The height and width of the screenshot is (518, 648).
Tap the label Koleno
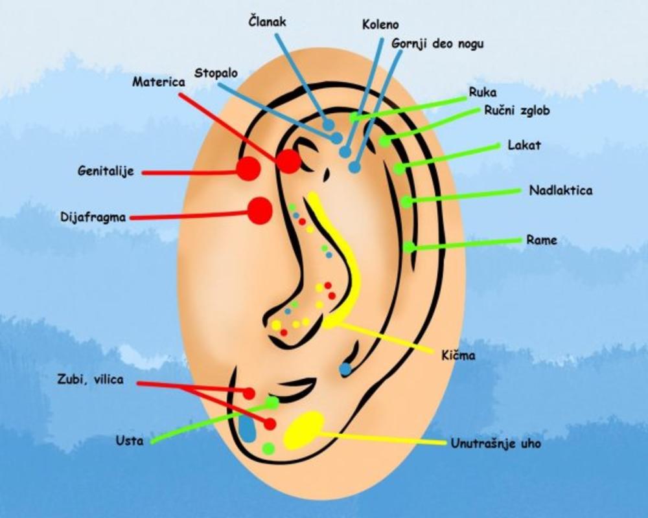pyautogui.click(x=380, y=25)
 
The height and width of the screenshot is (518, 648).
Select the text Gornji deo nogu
pyautogui.click(x=437, y=44)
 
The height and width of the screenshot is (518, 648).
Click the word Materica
pyautogui.click(x=158, y=82)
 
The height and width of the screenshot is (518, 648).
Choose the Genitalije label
pyautogui.click(x=105, y=172)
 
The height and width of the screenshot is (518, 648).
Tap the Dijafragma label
pyautogui.click(x=93, y=217)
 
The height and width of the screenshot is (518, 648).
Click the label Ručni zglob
pyautogui.click(x=517, y=111)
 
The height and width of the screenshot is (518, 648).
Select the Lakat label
pyautogui.click(x=524, y=145)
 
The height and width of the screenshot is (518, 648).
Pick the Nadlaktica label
pyautogui.click(x=561, y=190)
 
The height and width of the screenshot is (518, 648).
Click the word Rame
pyautogui.click(x=541, y=240)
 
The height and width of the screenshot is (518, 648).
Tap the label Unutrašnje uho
pyautogui.click(x=496, y=444)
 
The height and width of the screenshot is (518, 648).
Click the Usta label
pyautogui.click(x=129, y=442)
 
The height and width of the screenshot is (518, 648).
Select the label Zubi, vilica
pyautogui.click(x=89, y=380)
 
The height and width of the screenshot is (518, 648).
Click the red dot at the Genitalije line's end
pyautogui.click(x=248, y=169)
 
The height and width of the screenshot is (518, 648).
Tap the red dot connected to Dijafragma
pyautogui.click(x=260, y=210)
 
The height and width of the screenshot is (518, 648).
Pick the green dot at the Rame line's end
pyautogui.click(x=409, y=247)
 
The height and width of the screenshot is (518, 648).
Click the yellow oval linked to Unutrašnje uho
pyautogui.click(x=303, y=429)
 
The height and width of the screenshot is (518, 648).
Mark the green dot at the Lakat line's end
pyautogui.click(x=399, y=169)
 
